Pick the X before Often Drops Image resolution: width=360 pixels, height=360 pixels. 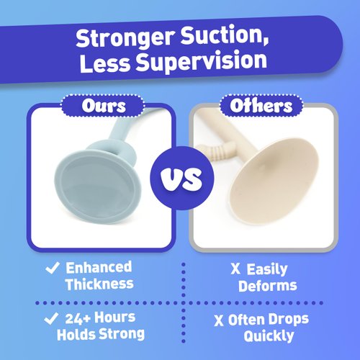[220, 318]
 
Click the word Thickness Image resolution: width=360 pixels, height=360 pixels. [99, 284]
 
